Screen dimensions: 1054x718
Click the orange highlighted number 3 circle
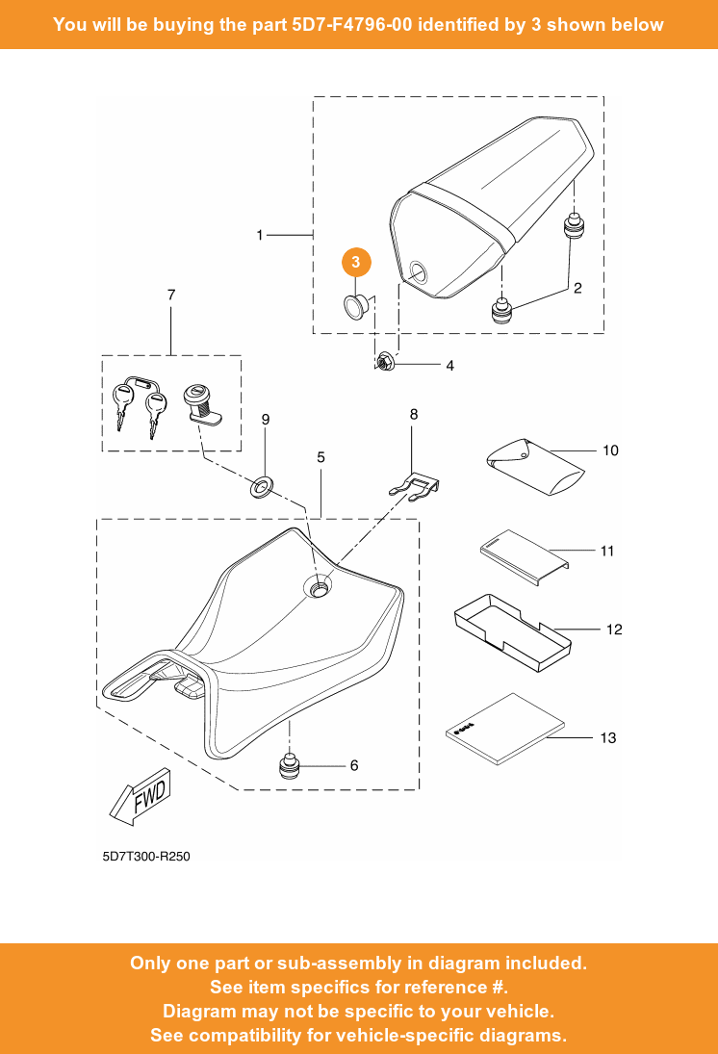(x=356, y=262)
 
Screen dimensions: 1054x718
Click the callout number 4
(x=449, y=366)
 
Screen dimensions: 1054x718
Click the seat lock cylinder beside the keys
(x=200, y=404)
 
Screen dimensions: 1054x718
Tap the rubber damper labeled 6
(x=289, y=766)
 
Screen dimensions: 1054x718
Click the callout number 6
(x=354, y=765)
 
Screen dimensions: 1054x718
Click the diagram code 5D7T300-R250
(x=147, y=856)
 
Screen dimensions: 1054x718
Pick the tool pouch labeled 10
(x=534, y=466)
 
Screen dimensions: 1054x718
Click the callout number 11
(x=607, y=552)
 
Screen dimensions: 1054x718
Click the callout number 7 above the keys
(x=171, y=295)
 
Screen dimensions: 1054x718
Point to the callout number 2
(x=577, y=287)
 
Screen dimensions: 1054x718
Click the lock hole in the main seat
(x=319, y=586)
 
